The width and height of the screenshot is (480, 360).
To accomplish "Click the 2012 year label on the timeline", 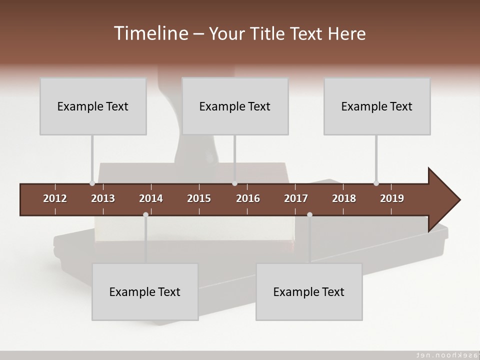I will coord(55,198).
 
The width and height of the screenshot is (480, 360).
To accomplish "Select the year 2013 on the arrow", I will coord(103,198).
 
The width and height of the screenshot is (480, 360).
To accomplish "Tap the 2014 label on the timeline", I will coord(151,198).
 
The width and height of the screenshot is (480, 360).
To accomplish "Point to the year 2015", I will coord(199,198).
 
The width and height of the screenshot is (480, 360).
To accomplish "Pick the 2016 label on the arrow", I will coord(248,198).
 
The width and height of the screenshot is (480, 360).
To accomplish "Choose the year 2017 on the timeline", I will coord(296,198).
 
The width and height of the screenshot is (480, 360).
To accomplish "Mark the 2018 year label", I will coord(344,198).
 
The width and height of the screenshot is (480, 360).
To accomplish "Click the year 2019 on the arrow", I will coord(392,198).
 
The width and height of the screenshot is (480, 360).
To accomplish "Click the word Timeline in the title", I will coord(150,33).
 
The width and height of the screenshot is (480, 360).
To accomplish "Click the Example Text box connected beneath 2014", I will coord(145,291).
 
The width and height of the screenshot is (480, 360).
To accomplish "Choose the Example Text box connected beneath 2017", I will coord(309,291).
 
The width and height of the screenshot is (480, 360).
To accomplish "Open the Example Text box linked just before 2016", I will coord(235,106).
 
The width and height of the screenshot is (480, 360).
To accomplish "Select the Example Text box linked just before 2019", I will coord(377,106).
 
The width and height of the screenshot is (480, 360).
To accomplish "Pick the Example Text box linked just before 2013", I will coord(93,106).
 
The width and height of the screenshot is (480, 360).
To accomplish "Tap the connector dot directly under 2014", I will coord(145,214).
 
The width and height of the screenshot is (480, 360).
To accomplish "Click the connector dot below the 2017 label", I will coord(309,214).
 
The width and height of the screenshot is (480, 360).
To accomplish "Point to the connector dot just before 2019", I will coord(376,183).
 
